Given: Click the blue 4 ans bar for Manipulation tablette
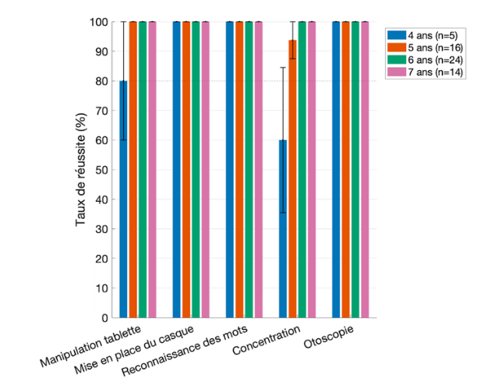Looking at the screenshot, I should tap(123, 199).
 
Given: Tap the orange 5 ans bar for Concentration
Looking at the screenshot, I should tap(292, 179).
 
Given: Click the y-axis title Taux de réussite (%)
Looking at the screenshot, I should tap(81, 169).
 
